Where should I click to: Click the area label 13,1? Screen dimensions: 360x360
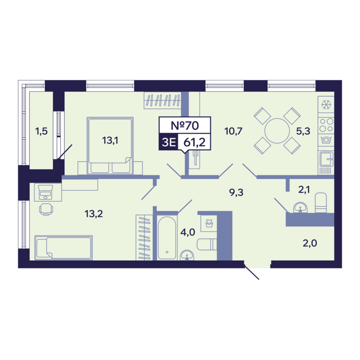click(x=110, y=140)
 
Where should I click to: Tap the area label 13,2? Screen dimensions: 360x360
click(x=94, y=214)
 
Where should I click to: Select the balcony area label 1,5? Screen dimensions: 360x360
click(x=41, y=131)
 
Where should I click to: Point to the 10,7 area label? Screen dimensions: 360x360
click(x=233, y=131)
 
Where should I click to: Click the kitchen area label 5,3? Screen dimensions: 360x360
click(x=303, y=131)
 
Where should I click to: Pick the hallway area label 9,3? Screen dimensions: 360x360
click(x=236, y=192)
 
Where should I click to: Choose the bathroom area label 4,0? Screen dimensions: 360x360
click(x=188, y=232)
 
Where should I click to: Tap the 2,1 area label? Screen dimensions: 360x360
click(x=304, y=190)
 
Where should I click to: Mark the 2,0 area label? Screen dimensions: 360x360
click(x=310, y=243)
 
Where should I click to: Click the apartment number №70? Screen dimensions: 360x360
click(x=185, y=125)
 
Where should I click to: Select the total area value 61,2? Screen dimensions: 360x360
click(x=194, y=142)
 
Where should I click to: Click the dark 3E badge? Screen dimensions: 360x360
click(x=169, y=142)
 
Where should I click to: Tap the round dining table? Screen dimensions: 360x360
click(x=277, y=131)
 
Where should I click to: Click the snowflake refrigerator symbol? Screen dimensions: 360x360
click(x=326, y=105)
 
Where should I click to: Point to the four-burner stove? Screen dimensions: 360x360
click(x=326, y=125)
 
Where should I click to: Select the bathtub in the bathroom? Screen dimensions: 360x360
click(x=167, y=238)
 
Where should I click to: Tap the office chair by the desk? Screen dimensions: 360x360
click(x=46, y=209)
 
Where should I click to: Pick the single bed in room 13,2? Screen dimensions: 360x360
click(x=64, y=248)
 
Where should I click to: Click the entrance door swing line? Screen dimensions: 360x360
click(x=251, y=272)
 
